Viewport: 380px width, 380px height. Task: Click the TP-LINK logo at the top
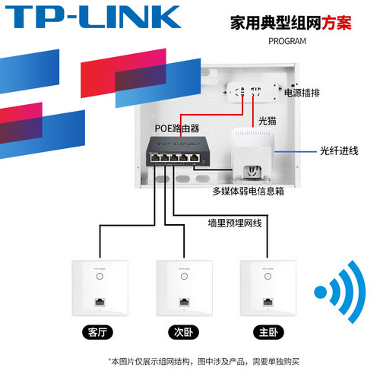point(91,17)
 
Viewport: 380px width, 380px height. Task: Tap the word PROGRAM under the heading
point(287,41)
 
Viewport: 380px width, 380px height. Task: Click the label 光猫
point(267,120)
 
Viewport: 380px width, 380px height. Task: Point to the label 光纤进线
point(338,150)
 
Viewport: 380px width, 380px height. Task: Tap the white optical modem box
point(252,147)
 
